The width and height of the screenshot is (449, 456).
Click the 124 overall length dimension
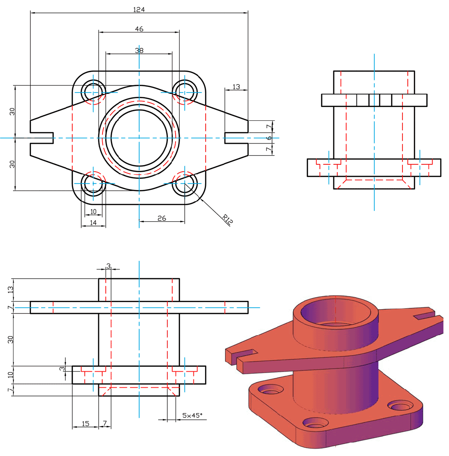[139, 9]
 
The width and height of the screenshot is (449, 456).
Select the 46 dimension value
[139, 29]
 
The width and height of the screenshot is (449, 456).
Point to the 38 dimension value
[139, 50]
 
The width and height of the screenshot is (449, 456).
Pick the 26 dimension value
[162, 218]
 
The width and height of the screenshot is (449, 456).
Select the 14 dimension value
[93, 223]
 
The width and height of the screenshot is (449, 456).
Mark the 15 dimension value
[85, 423]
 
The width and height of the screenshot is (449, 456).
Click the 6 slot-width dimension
[269, 138]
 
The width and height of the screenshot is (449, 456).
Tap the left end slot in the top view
[42, 138]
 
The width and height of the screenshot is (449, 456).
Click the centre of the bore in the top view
[139, 138]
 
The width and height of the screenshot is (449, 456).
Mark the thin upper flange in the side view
[374, 100]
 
